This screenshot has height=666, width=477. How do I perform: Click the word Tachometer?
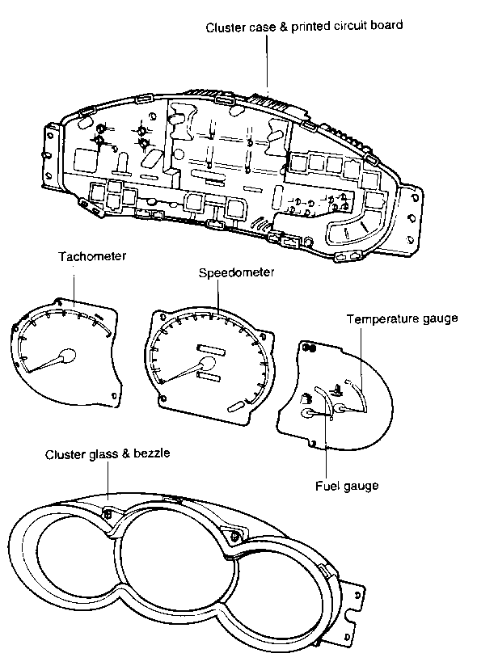(x=92, y=256)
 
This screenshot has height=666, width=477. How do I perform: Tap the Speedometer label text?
(x=236, y=272)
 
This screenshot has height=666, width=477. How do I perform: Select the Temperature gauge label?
(x=402, y=319)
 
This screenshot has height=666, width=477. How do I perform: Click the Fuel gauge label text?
(x=347, y=486)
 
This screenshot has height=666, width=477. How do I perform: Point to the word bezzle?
(x=152, y=453)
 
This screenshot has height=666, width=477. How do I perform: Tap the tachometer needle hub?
(x=67, y=356)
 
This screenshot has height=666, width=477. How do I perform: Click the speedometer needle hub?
(x=208, y=364)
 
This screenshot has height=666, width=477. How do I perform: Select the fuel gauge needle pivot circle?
(x=307, y=413)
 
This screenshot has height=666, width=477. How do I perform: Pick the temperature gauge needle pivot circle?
(x=340, y=409)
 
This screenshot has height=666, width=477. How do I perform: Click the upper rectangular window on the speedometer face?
(x=210, y=349)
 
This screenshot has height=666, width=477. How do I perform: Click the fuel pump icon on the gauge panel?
(x=306, y=398)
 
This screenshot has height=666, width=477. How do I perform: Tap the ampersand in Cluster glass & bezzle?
(x=126, y=453)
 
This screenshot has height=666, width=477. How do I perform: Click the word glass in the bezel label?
(x=103, y=455)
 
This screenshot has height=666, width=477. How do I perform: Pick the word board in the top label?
(x=386, y=26)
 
